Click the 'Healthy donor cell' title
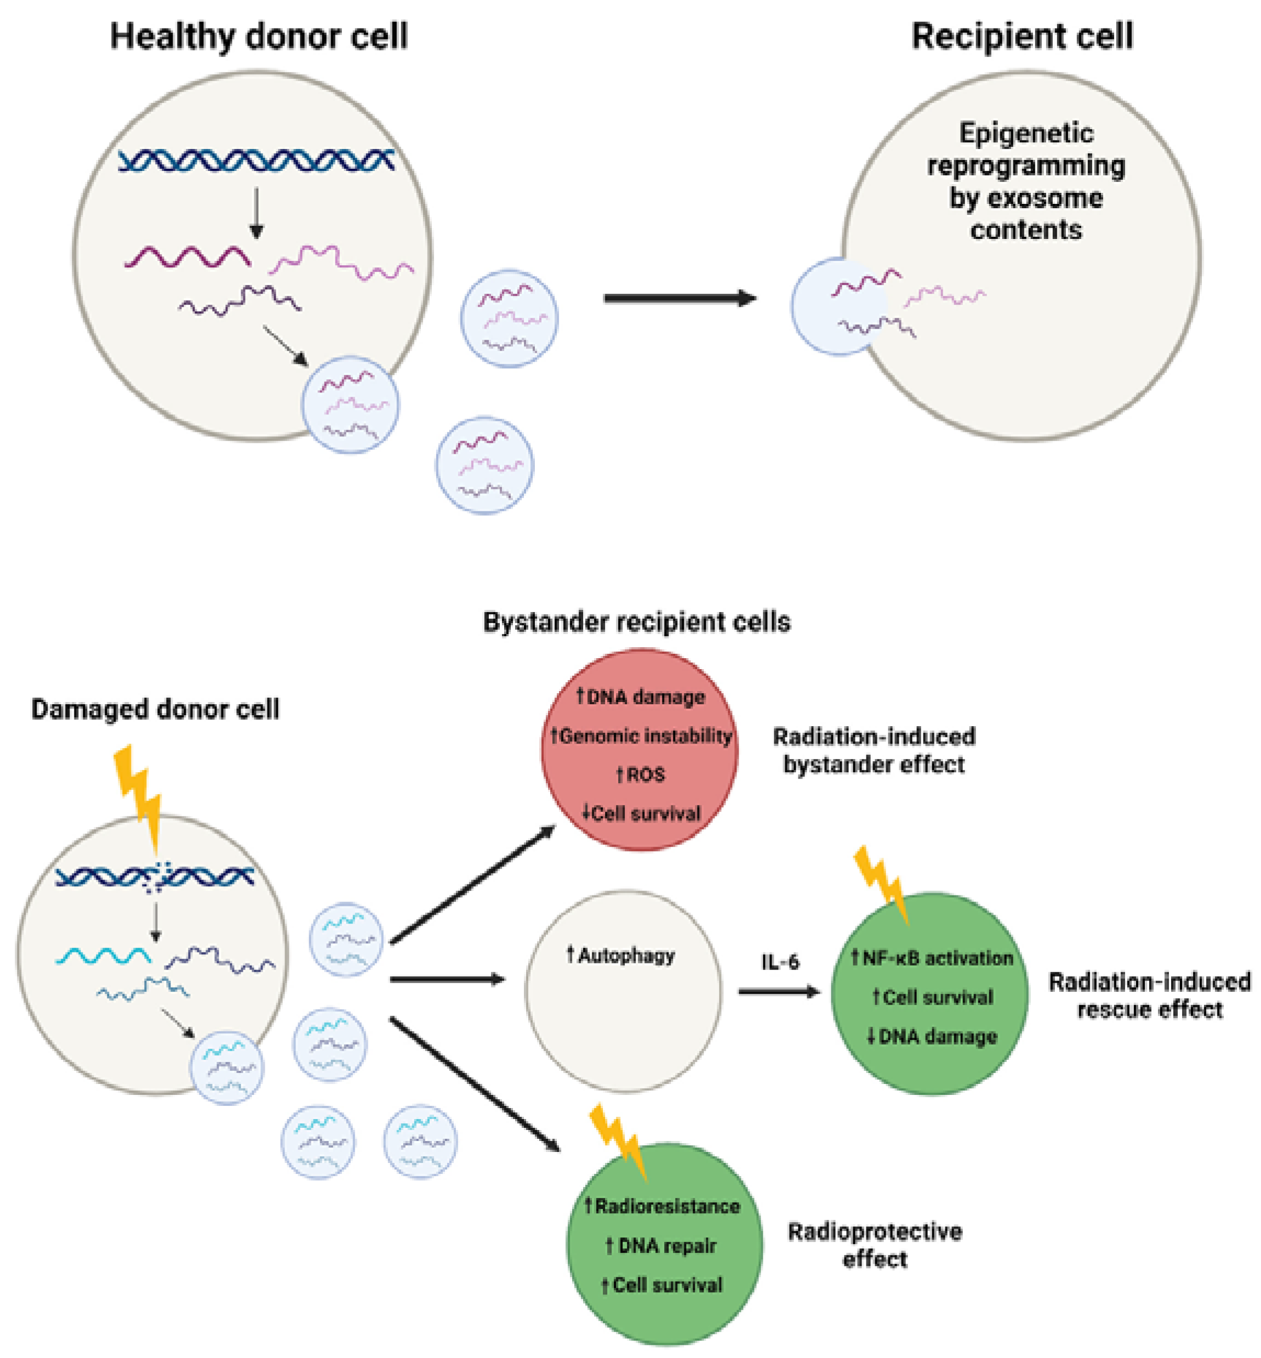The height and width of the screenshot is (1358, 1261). tap(259, 36)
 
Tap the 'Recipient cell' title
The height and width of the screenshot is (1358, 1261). tap(1022, 36)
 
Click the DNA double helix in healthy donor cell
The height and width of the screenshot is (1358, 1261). tap(256, 161)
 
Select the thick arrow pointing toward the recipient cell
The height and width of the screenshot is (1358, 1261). tap(679, 298)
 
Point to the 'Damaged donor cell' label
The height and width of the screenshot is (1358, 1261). tap(155, 709)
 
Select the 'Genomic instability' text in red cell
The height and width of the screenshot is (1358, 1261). tap(641, 735)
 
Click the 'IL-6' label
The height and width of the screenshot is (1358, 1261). tap(779, 962)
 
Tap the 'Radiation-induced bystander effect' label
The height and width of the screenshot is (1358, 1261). tap(874, 750)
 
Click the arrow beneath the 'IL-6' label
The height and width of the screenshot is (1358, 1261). tap(778, 991)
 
